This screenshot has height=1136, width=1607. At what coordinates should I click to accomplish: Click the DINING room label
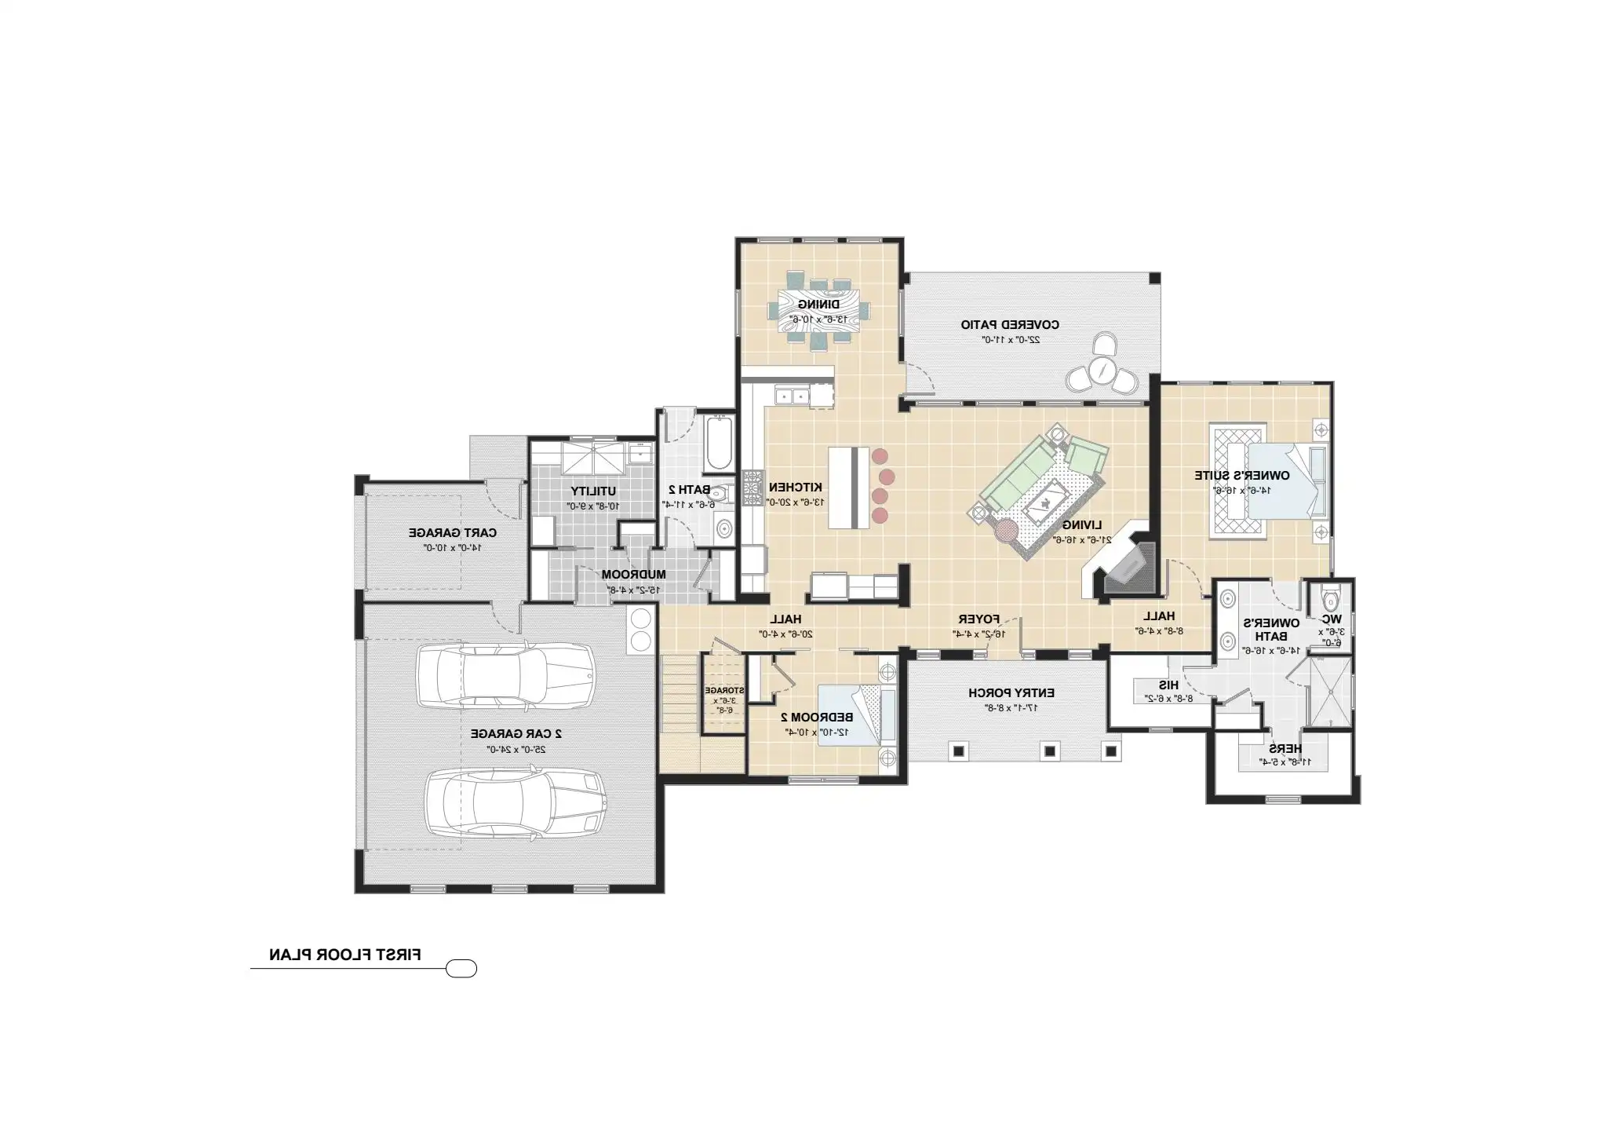[x=818, y=304]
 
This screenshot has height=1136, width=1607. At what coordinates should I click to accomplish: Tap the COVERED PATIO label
[x=1010, y=324]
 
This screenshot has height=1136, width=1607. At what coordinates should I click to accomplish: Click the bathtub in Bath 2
[x=718, y=445]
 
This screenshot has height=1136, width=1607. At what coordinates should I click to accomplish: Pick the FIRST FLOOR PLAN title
[x=345, y=955]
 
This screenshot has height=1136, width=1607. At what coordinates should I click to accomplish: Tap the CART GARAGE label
[x=452, y=532]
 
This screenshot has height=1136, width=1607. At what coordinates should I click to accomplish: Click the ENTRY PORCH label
[x=1011, y=693]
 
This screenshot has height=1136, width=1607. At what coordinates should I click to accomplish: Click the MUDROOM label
[x=633, y=575]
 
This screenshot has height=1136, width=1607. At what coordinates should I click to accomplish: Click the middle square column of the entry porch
[x=1050, y=751]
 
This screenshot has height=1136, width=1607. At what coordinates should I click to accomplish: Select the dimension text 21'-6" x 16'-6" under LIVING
[x=1082, y=539]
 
